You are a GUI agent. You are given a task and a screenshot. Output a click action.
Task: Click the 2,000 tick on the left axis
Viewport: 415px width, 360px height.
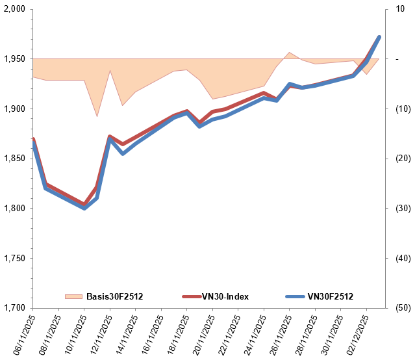14,9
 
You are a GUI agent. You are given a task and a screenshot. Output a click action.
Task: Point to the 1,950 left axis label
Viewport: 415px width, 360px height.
14,59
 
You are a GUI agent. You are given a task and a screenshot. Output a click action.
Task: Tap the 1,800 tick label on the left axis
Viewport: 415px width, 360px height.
14,209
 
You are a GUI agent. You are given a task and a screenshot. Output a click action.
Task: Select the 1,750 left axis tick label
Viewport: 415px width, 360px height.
14,259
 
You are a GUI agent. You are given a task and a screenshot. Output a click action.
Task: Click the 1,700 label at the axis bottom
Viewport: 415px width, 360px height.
14,308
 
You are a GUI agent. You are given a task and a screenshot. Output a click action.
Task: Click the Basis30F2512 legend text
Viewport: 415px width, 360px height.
114,297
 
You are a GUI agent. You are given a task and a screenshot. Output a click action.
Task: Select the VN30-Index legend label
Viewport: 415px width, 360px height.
225,297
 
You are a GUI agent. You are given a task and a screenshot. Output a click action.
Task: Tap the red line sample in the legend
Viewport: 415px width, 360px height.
193,297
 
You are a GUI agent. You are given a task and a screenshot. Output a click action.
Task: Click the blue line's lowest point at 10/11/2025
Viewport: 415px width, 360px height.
84,209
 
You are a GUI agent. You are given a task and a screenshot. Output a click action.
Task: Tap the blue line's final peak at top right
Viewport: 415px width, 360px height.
379,37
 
